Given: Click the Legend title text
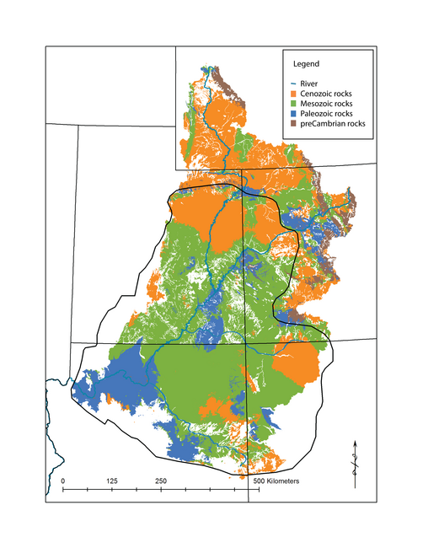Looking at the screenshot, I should point(305,64).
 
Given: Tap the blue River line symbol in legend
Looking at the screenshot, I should point(293,83).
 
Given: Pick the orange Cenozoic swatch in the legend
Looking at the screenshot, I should point(293,93).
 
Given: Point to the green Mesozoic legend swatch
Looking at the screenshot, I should point(293,103).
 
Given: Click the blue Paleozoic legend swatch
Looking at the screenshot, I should point(293,113).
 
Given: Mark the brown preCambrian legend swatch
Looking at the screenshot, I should point(293,123).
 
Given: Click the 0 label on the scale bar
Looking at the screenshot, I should point(63,480).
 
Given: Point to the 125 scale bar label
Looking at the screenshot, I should point(112,480).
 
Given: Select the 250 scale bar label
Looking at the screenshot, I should point(160,480).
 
